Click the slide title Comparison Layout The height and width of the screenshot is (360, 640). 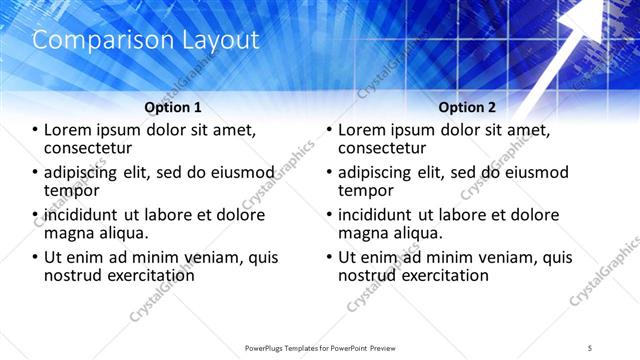point(146,40)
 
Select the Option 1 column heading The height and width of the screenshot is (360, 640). point(173,107)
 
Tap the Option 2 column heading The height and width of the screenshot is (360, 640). point(467,107)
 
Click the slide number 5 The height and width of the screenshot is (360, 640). point(590,347)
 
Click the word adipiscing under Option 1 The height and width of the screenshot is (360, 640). point(82,172)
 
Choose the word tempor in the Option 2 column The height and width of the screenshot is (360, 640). point(365,190)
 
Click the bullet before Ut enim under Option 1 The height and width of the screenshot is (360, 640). point(36,257)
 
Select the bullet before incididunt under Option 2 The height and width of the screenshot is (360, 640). point(330,215)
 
